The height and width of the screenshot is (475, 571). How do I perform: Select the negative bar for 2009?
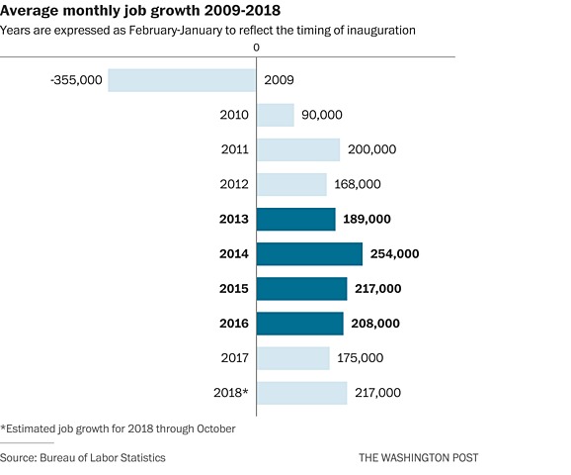pos(182,80)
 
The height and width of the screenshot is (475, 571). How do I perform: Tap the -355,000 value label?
pos(76,80)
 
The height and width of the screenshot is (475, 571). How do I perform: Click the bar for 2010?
pos(276,115)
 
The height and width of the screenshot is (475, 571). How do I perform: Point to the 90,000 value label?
pos(321,115)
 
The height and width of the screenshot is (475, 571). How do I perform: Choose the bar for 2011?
pos(298,149)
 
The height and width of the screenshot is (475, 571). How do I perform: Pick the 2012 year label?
pos(235,184)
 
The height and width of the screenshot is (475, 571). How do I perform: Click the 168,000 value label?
pos(357,184)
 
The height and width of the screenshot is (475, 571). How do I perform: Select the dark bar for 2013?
pos(296,219)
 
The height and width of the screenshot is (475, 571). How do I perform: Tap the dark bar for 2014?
pos(309,253)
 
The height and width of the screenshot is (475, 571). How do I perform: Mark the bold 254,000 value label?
pos(394,253)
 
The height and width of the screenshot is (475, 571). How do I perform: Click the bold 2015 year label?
pos(235,288)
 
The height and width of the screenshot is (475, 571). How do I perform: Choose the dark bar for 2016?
pos(300,323)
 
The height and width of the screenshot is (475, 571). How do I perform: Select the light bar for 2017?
pos(293,357)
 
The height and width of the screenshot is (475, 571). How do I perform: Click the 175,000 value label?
pos(360,357)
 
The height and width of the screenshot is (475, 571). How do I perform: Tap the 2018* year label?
pos(231,393)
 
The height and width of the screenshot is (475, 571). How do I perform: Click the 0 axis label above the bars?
pos(257,47)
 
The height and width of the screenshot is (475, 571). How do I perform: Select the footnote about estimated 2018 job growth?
pos(119,427)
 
